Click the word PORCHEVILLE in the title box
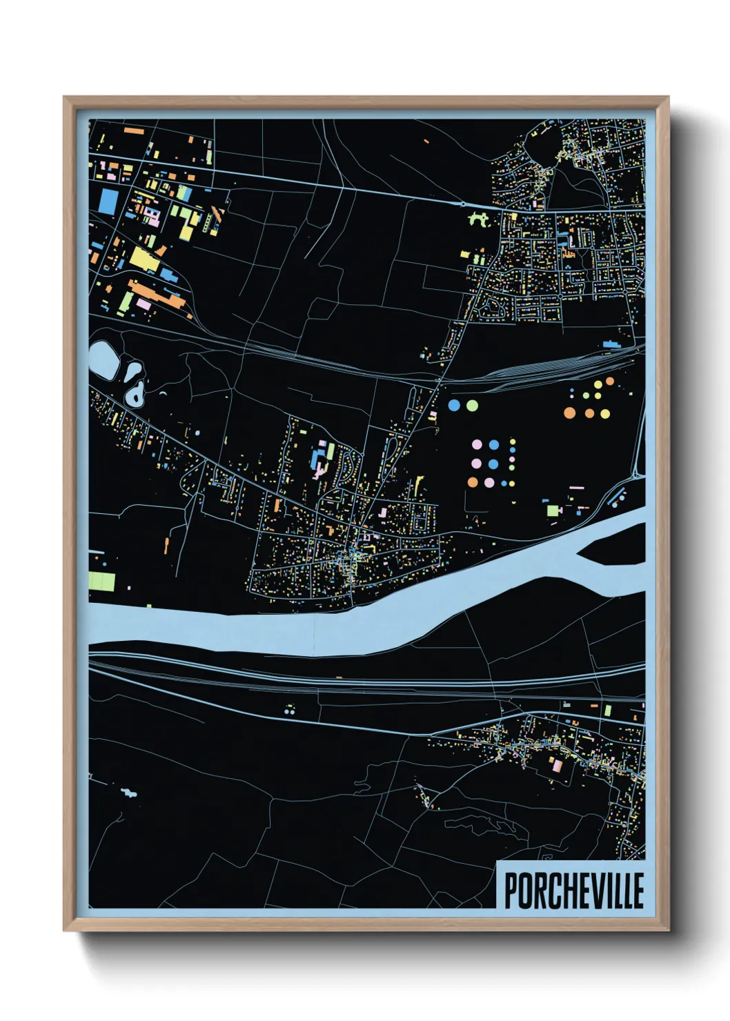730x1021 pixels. (x=574, y=891)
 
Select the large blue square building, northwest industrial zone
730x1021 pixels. (x=109, y=201)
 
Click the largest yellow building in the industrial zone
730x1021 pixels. (x=144, y=259)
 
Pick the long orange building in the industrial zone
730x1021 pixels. (x=158, y=295)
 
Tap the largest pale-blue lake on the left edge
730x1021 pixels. (x=103, y=359)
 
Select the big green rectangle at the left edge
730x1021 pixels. (x=102, y=582)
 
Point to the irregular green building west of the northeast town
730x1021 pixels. (x=478, y=220)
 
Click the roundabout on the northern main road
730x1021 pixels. (x=462, y=204)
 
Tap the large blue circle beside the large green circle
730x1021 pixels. (x=454, y=405)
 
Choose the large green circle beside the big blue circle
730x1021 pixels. (x=471, y=405)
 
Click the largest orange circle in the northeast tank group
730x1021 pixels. (x=569, y=413)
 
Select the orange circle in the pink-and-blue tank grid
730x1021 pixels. (x=473, y=482)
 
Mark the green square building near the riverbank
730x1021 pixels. (x=552, y=510)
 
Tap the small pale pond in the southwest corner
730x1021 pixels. (x=128, y=792)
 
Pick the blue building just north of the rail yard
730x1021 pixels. (x=611, y=344)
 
